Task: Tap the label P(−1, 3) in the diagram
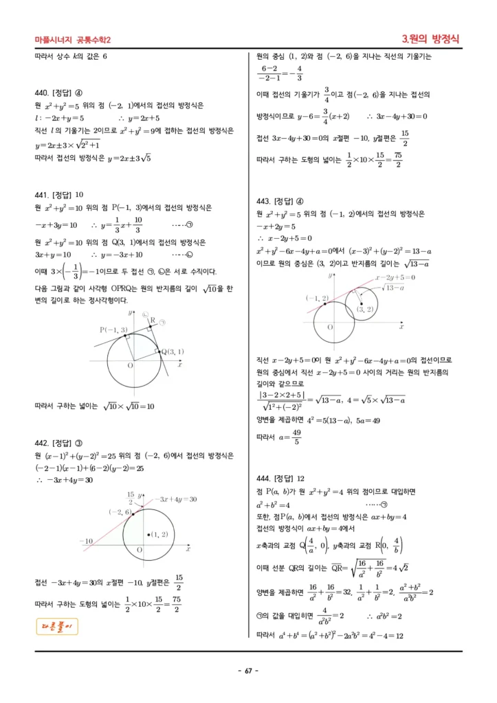113,330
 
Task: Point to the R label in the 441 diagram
153,320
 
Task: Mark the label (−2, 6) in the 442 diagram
119,512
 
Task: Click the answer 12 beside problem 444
301,479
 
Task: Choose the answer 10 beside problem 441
79,194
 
